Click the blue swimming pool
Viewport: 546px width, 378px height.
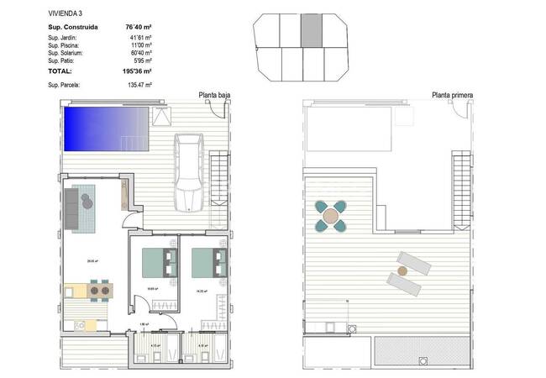click(108, 127)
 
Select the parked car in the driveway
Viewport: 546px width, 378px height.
click(187, 171)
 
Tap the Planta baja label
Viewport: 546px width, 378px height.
click(214, 96)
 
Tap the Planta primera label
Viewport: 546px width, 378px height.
click(451, 96)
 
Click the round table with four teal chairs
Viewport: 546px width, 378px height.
click(333, 215)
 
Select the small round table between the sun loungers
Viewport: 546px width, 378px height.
click(402, 270)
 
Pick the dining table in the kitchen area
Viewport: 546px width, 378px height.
click(100, 291)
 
